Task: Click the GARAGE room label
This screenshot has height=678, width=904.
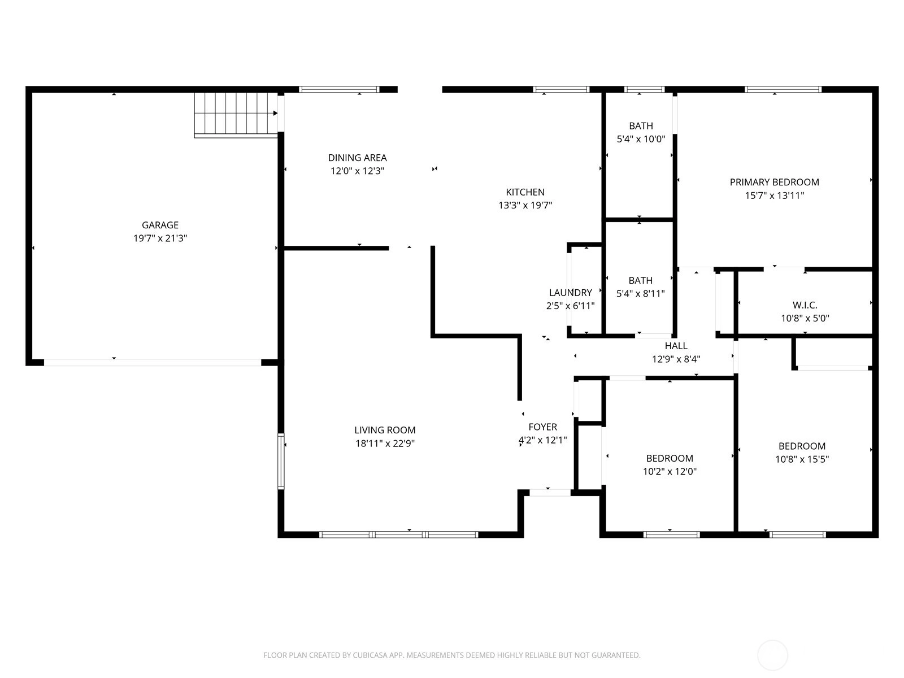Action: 160,225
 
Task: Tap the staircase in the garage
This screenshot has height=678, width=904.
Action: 236,115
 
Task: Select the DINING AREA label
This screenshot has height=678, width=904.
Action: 357,158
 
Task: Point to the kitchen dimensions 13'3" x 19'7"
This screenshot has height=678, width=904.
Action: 525,205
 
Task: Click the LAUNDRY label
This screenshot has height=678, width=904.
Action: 571,293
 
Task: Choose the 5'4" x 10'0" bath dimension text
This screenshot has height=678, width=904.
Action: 641,139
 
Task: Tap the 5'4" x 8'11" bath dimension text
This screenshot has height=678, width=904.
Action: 640,293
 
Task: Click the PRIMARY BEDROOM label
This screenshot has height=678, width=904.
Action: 774,182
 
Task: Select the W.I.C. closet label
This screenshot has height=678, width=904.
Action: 805,305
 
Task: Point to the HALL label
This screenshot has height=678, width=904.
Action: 676,346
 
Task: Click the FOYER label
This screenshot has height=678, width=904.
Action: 543,427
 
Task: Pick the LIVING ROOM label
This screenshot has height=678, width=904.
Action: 385,430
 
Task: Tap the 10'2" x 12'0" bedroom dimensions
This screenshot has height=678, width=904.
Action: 670,471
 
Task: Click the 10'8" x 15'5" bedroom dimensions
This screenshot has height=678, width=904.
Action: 802,459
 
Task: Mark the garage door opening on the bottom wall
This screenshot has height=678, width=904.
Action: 153,363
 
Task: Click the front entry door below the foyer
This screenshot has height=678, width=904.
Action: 550,493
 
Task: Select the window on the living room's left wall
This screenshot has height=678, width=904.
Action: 281,461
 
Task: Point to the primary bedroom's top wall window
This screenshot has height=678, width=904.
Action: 783,89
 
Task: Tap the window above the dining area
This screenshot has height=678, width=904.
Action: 338,89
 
